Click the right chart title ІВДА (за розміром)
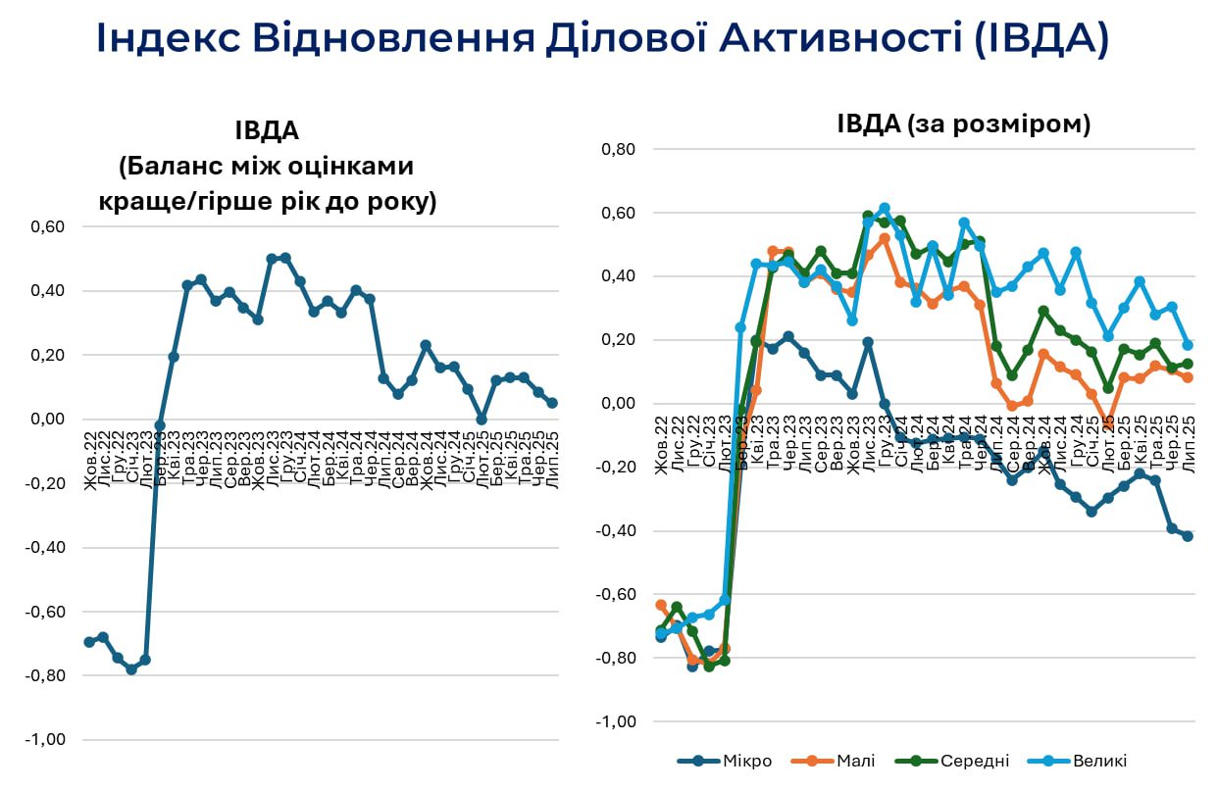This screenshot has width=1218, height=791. [964, 124]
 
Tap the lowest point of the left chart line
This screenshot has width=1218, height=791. [131, 669]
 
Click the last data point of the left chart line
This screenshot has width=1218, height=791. [552, 403]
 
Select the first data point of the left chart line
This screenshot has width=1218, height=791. [89, 642]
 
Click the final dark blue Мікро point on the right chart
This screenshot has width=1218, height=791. [1188, 536]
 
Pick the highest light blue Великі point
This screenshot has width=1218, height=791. [885, 208]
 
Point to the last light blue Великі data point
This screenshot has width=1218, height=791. [1188, 345]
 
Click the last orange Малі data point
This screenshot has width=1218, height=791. [1188, 377]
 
